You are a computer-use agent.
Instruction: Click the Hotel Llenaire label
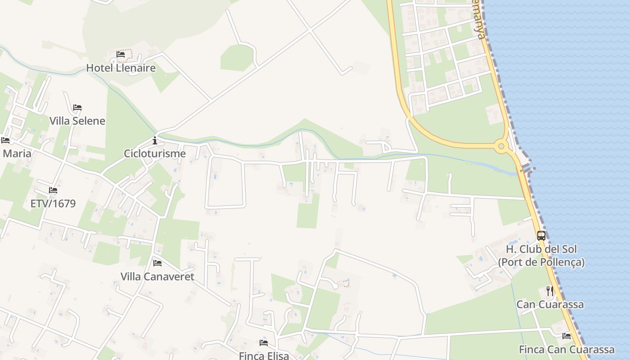pyautogui.click(x=121, y=68)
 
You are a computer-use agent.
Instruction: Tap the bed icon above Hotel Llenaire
pyautogui.click(x=121, y=54)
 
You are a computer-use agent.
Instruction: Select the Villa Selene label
pyautogui.click(x=77, y=121)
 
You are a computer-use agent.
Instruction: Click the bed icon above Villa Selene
pyautogui.click(x=77, y=108)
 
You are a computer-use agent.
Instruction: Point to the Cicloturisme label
pyautogui.click(x=155, y=153)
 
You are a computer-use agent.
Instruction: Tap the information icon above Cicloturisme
pyautogui.click(x=155, y=140)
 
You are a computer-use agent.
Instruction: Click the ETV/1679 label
pyautogui.click(x=53, y=203)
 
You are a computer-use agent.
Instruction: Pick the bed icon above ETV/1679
pyautogui.click(x=53, y=190)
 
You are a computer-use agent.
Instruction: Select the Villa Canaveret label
pyautogui.click(x=157, y=276)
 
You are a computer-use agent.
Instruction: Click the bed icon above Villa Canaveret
pyautogui.click(x=157, y=263)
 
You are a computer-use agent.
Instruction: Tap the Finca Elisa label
pyautogui.click(x=264, y=355)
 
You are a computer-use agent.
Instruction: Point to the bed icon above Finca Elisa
pyautogui.click(x=264, y=343)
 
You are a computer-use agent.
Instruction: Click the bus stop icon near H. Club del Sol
pyautogui.click(x=541, y=235)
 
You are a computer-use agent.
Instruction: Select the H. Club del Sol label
pyautogui.click(x=541, y=255)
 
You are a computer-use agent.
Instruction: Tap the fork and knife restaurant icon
pyautogui.click(x=550, y=291)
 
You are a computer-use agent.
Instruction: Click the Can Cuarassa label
pyautogui.click(x=550, y=304)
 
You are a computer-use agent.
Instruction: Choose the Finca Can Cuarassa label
pyautogui.click(x=567, y=349)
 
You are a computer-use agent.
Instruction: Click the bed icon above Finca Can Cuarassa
pyautogui.click(x=567, y=336)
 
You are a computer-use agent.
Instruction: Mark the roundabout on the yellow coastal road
pyautogui.click(x=501, y=146)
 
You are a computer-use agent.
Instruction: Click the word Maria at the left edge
pyautogui.click(x=17, y=153)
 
